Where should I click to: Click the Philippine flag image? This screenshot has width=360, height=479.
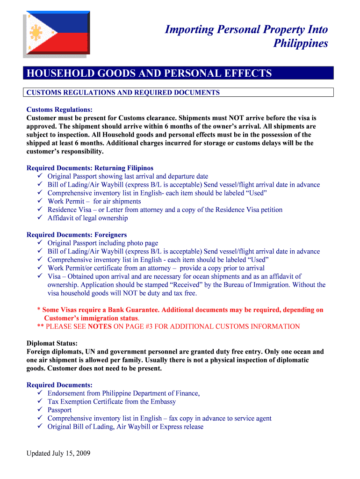[55, 34]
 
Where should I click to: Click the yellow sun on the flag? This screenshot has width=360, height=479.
[35, 33]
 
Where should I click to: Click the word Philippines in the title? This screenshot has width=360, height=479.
[300, 44]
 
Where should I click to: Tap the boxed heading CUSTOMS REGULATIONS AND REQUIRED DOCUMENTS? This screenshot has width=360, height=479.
[123, 93]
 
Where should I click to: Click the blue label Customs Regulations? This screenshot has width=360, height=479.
[59, 109]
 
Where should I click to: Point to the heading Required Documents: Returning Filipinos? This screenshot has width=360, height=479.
[90, 168]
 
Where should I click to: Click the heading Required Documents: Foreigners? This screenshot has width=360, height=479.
[77, 235]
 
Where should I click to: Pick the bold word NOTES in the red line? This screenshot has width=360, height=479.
[100, 327]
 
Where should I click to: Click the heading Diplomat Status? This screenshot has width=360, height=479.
[52, 343]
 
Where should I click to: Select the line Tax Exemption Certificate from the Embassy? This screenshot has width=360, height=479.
[112, 402]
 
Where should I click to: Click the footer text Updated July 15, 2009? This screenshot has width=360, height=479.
[58, 453]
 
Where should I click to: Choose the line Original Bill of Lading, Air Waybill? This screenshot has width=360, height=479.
[125, 427]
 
